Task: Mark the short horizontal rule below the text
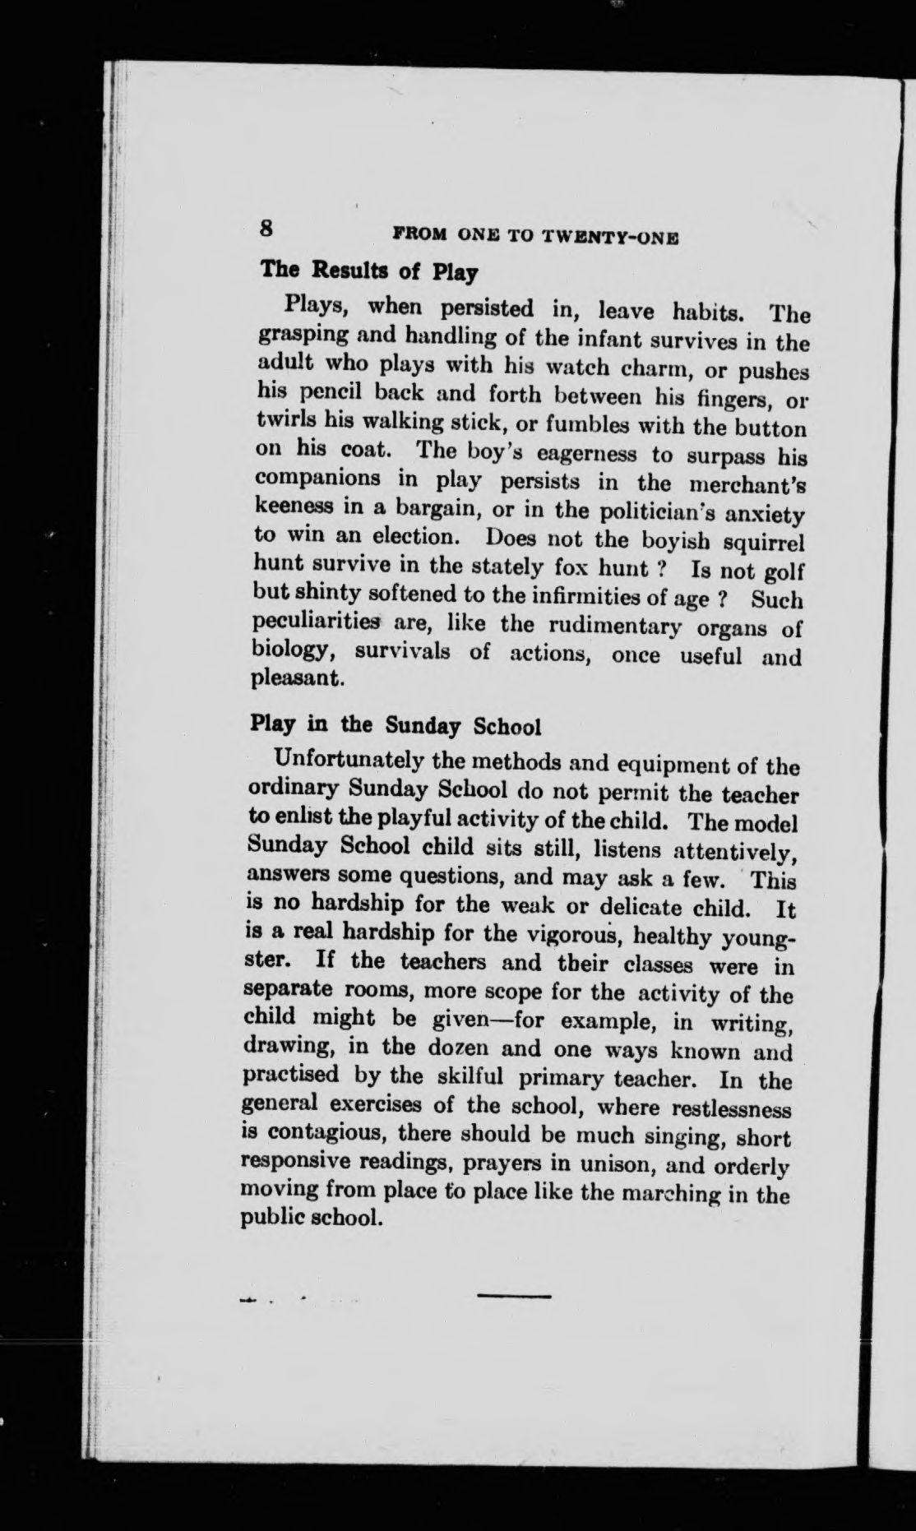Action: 513,1297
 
